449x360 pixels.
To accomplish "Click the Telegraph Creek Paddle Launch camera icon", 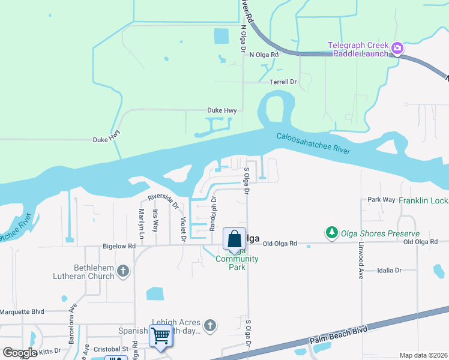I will point(397,47).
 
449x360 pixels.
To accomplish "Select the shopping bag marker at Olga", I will point(234,238).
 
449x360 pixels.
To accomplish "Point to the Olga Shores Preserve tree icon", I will point(331,232).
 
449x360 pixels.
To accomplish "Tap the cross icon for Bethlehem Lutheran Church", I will point(123,271).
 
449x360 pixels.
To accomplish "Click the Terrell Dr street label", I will point(283,82).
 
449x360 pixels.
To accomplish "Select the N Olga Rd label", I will point(264,55).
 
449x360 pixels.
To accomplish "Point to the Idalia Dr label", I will point(390,271).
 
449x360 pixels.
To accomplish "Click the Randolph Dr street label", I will point(212,214).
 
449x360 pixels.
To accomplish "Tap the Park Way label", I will point(381,199).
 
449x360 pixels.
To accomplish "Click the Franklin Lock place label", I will point(423,200).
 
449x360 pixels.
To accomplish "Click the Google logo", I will point(19,353).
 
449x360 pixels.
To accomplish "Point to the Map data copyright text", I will point(423,355).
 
